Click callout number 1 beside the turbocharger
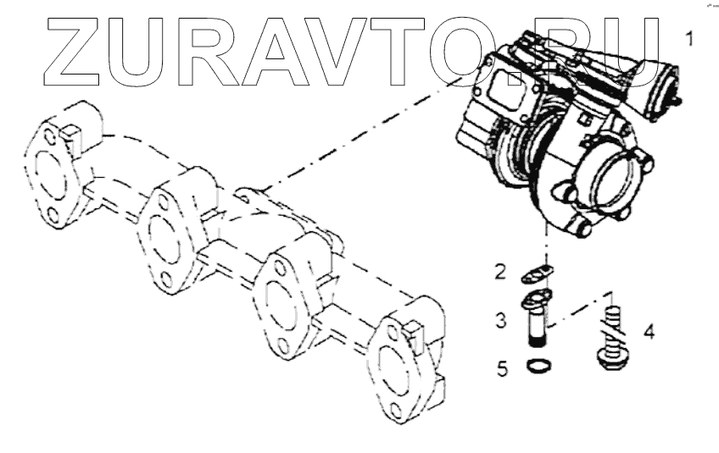point(691,39)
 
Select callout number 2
point(501,273)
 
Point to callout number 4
point(649,330)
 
